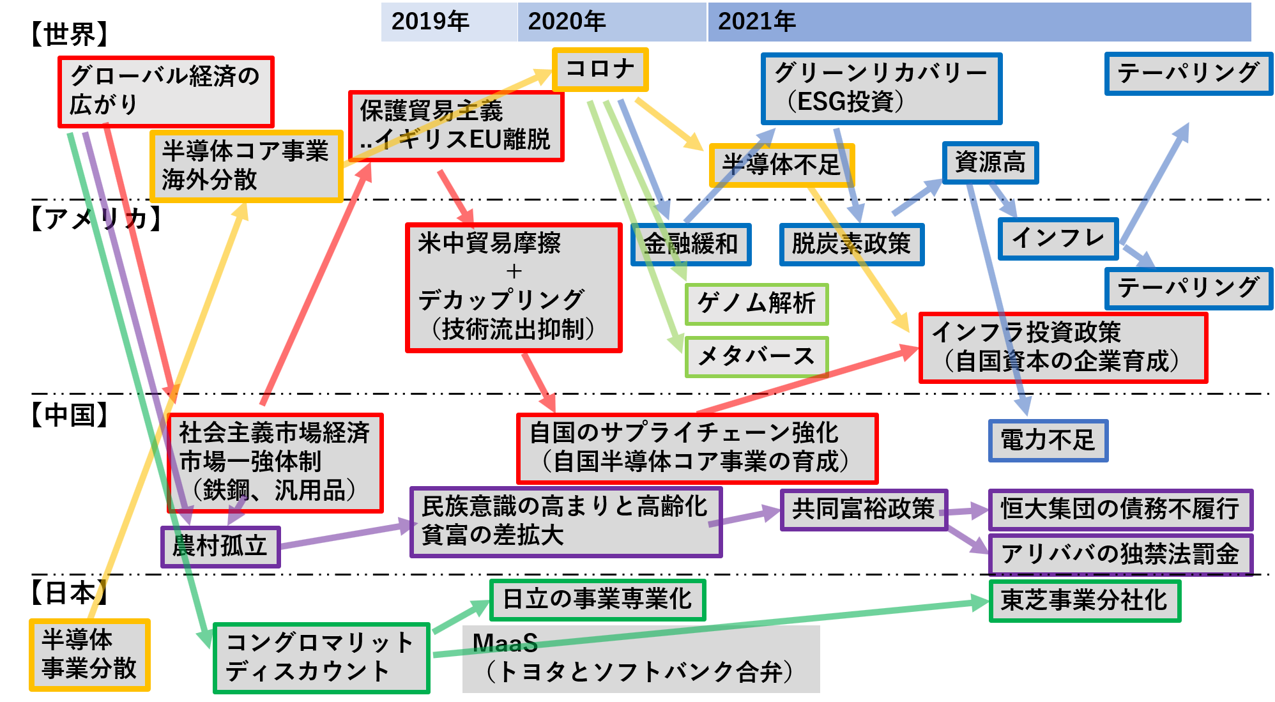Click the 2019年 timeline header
[449, 22]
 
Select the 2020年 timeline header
[612, 22]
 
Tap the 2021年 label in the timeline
[756, 22]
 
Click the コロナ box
[600, 69]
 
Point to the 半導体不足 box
[781, 165]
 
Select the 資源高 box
[990, 162]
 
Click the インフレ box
[1058, 238]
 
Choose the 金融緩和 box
[691, 244]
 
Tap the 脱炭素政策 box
[851, 244]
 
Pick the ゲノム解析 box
[756, 304]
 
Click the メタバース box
[756, 357]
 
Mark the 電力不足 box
[1048, 441]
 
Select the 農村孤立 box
[220, 547]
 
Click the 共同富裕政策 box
[864, 510]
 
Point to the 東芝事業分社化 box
[1084, 600]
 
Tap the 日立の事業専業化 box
[597, 600]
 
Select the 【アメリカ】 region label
[96, 218]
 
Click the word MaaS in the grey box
[505, 643]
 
